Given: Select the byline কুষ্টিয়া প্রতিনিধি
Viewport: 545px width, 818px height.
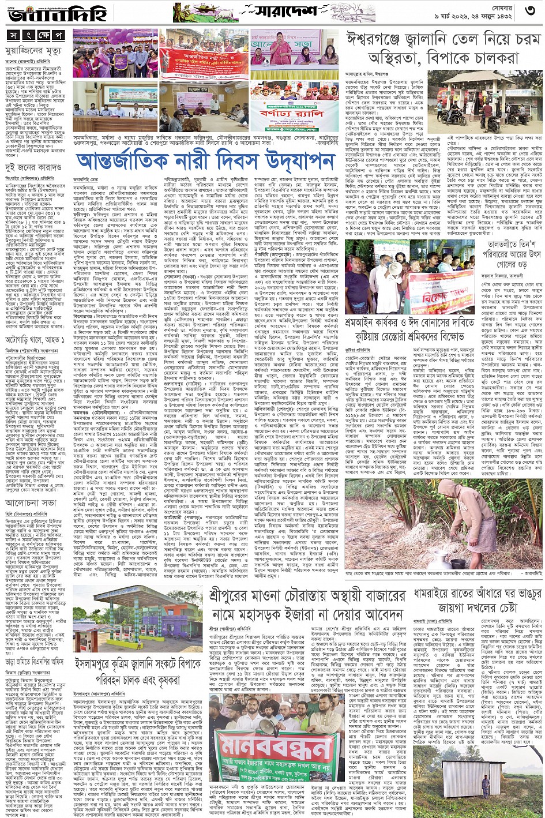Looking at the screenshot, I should [358, 350].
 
